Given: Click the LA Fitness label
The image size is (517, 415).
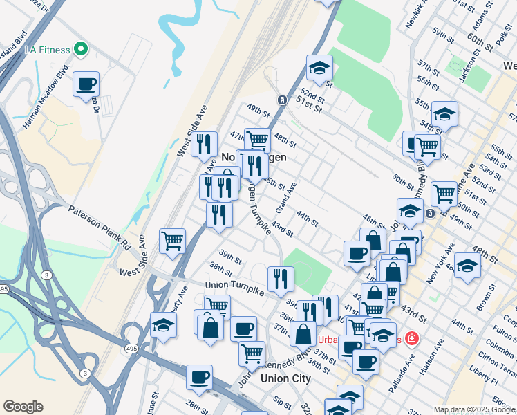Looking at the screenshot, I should point(46,50).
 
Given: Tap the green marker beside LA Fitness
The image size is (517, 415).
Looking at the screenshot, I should point(81,49).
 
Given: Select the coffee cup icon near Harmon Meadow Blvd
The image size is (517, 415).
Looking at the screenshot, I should point(86,84).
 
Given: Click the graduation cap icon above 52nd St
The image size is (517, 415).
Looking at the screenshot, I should point(319,68).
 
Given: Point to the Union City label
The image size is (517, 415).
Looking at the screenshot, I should point(285,378).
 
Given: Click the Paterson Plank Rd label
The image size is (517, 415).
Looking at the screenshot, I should point(99,225).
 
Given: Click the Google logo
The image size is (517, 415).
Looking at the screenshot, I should point(23,407).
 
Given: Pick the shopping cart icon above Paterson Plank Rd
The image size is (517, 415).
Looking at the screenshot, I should point(172,241).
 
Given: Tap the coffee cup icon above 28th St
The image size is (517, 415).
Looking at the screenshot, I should point(199,377).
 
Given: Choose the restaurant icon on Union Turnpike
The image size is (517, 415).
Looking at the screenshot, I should point(281,279).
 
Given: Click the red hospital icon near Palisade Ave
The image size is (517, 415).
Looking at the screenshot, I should point(412,339).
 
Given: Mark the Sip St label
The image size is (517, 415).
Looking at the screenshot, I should point(281,402).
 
